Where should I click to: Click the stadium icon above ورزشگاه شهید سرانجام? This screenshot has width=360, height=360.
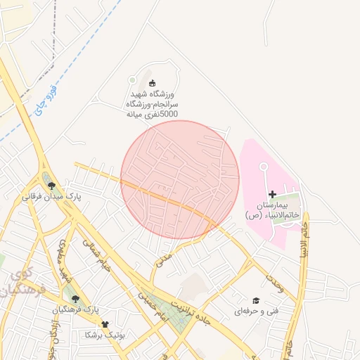pyautogui.click(x=153, y=84)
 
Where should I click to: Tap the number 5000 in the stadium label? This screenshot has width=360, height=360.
pyautogui.click(x=169, y=113)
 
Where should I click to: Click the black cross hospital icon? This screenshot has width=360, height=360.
pyautogui.click(x=272, y=194)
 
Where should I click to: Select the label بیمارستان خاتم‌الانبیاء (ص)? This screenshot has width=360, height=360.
pyautogui.click(x=274, y=210)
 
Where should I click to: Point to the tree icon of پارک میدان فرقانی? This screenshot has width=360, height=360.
pyautogui.click(x=51, y=186)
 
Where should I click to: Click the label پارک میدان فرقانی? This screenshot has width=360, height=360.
pyautogui.click(x=52, y=198)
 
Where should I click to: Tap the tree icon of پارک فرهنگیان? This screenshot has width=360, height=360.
pyautogui.click(x=75, y=299)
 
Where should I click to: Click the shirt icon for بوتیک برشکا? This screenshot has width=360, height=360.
pyautogui.click(x=105, y=324)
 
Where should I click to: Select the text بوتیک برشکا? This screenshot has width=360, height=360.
pyautogui.click(x=104, y=335)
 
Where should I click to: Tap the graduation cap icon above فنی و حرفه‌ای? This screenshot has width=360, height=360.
pyautogui.click(x=256, y=300)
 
